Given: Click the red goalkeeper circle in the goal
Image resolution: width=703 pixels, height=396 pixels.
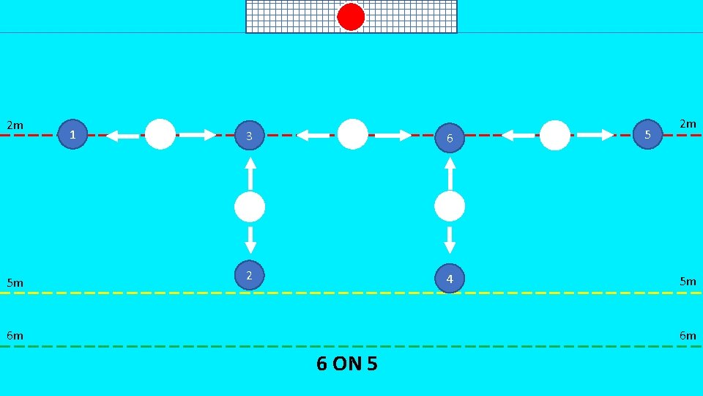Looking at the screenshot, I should pos(351,17).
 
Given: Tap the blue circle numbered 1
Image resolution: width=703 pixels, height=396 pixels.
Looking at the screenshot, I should pos(72,134).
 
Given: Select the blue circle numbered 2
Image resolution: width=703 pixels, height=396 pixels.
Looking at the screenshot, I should pos(250,275).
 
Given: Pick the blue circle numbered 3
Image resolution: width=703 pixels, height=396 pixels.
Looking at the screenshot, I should pos(250,136).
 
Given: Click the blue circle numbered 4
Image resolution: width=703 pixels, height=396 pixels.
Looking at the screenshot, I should pos(450,278).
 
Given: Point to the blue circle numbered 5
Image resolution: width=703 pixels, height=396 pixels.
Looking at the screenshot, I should pos(647,134).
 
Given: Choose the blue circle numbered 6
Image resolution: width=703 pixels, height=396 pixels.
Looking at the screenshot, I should pos(450,137).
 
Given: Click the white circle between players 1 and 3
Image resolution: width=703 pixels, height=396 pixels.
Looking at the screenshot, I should pos(160,134).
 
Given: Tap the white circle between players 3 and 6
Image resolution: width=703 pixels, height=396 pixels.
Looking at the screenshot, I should pos(353,134).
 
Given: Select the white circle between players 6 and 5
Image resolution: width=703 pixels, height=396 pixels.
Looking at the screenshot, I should pos(555,135).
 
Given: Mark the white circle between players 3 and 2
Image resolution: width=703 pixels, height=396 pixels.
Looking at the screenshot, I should pos(250,208).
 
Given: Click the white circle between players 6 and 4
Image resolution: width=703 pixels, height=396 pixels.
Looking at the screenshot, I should pos(450,207).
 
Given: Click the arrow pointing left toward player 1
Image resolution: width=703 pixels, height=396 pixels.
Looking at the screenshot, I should pos(122,136).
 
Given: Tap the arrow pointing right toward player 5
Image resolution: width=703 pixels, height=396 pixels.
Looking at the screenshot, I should pos(596,135).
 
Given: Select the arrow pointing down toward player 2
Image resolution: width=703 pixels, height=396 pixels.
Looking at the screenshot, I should pos(250,240).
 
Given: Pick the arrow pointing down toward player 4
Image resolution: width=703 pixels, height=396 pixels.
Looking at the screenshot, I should pos(450,240).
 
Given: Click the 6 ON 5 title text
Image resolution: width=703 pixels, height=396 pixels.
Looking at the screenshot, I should pos(347,363).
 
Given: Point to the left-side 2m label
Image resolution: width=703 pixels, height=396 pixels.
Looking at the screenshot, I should pos(15,125).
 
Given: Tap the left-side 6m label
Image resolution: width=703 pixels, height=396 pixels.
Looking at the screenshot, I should pos(15,335).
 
